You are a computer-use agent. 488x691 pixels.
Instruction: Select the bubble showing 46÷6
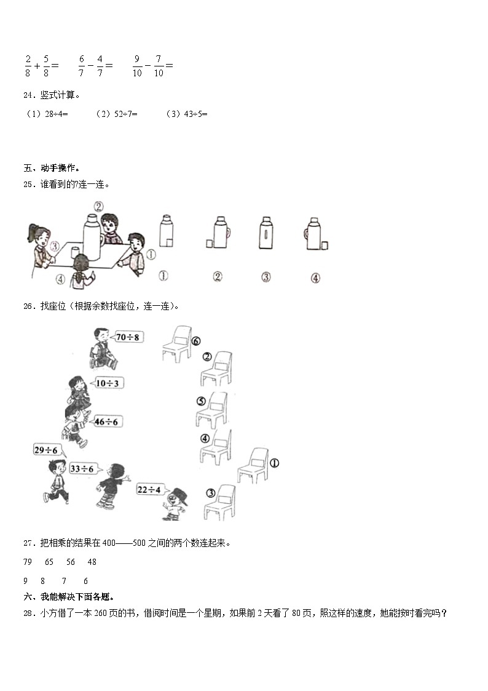click(109, 421)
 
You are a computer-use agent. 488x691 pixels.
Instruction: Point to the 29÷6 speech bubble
click(48, 450)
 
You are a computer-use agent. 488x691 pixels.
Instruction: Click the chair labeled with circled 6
click(176, 343)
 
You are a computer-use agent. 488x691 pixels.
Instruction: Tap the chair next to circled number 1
click(253, 465)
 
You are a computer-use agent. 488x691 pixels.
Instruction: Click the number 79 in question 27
click(27, 562)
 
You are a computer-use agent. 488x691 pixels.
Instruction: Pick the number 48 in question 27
click(92, 562)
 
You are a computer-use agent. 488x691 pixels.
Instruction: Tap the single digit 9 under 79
click(25, 581)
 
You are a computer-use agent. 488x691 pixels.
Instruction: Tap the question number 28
click(28, 613)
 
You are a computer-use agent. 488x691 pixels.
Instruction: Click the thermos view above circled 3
click(266, 234)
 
